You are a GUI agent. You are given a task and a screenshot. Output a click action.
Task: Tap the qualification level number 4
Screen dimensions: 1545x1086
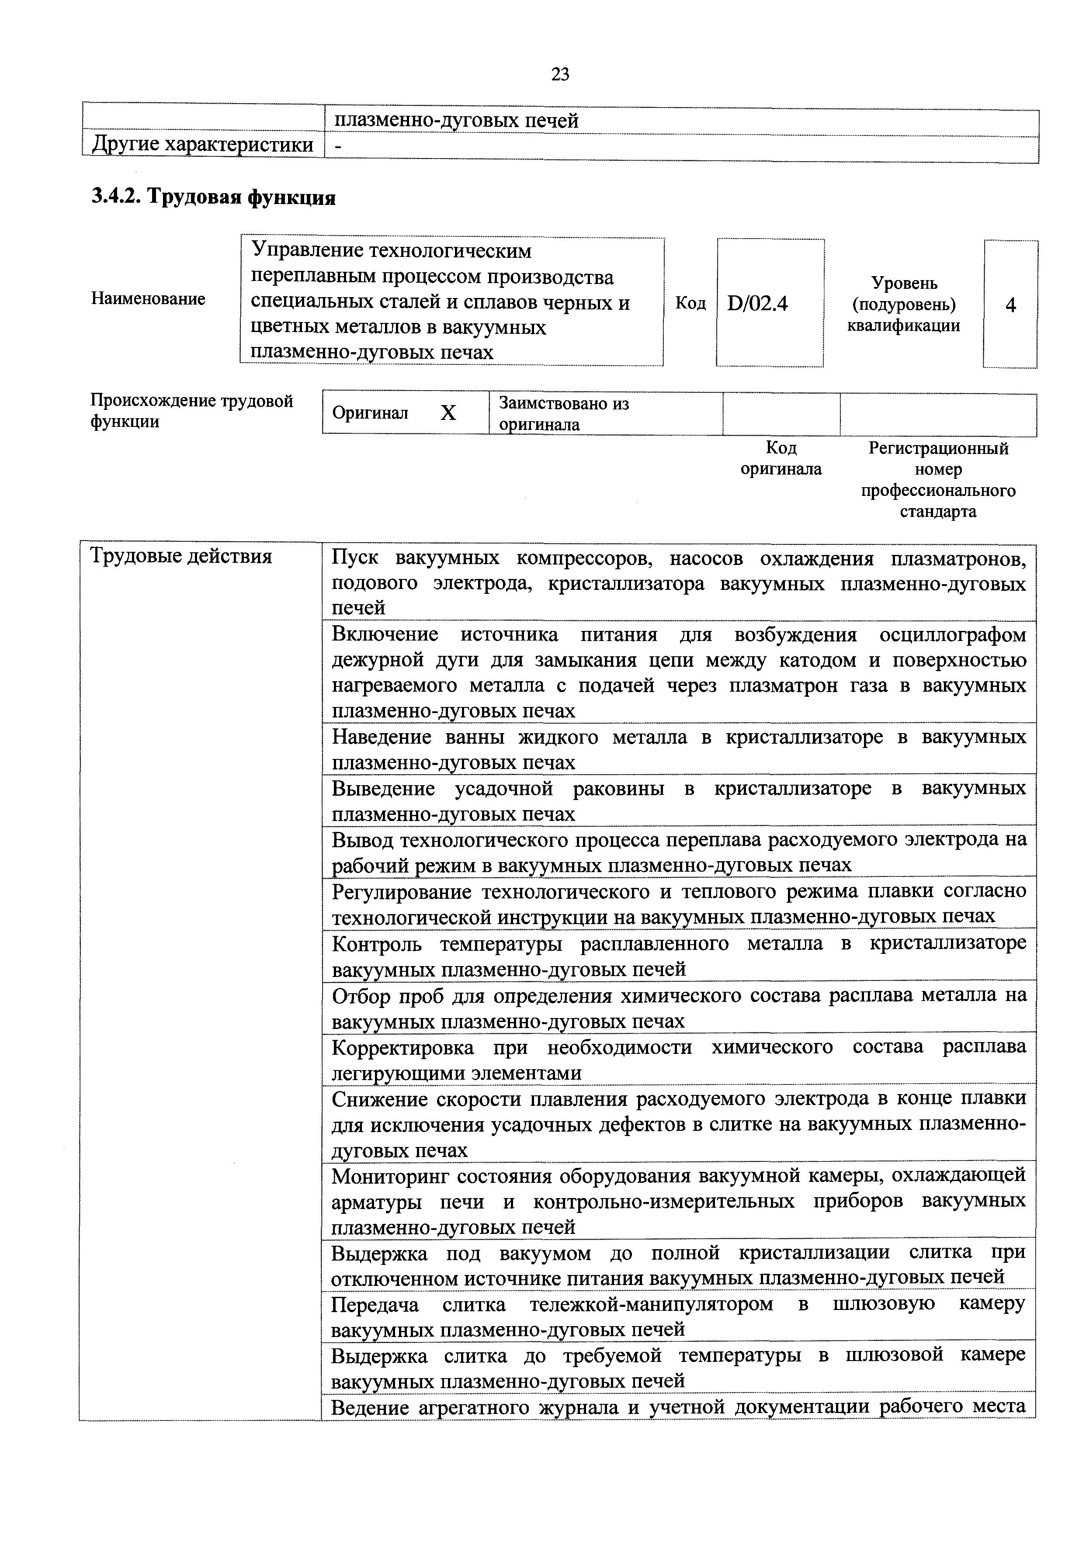(1011, 305)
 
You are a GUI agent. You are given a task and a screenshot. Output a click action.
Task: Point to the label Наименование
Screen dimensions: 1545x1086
(148, 299)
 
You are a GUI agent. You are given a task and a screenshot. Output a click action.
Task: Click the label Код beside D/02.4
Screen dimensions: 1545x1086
(690, 304)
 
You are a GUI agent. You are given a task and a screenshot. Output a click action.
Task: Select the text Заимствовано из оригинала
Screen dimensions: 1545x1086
(564, 414)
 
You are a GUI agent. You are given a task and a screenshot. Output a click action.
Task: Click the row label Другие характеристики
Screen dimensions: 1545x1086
(202, 145)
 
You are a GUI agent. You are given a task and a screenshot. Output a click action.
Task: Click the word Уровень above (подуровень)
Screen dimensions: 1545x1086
(904, 283)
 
